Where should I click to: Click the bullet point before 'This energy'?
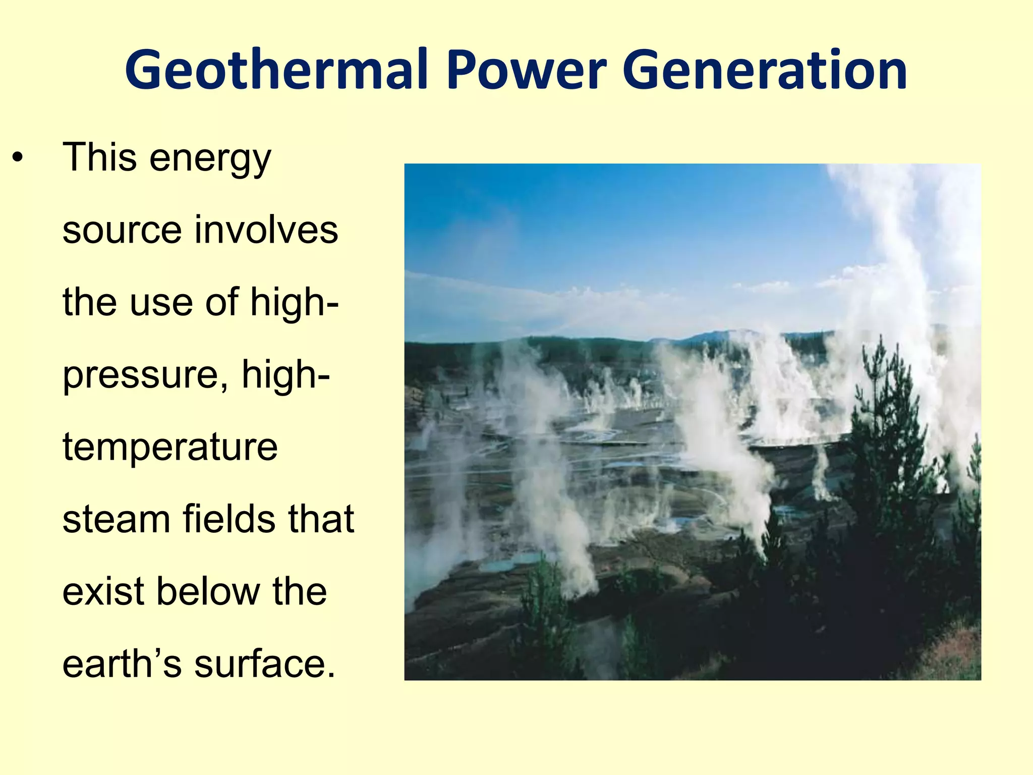click(x=18, y=158)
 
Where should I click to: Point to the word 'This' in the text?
click(x=99, y=157)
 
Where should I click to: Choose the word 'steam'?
click(x=116, y=520)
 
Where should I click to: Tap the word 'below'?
click(x=208, y=591)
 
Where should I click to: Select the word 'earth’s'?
click(x=122, y=663)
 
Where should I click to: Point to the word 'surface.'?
click(x=265, y=663)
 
